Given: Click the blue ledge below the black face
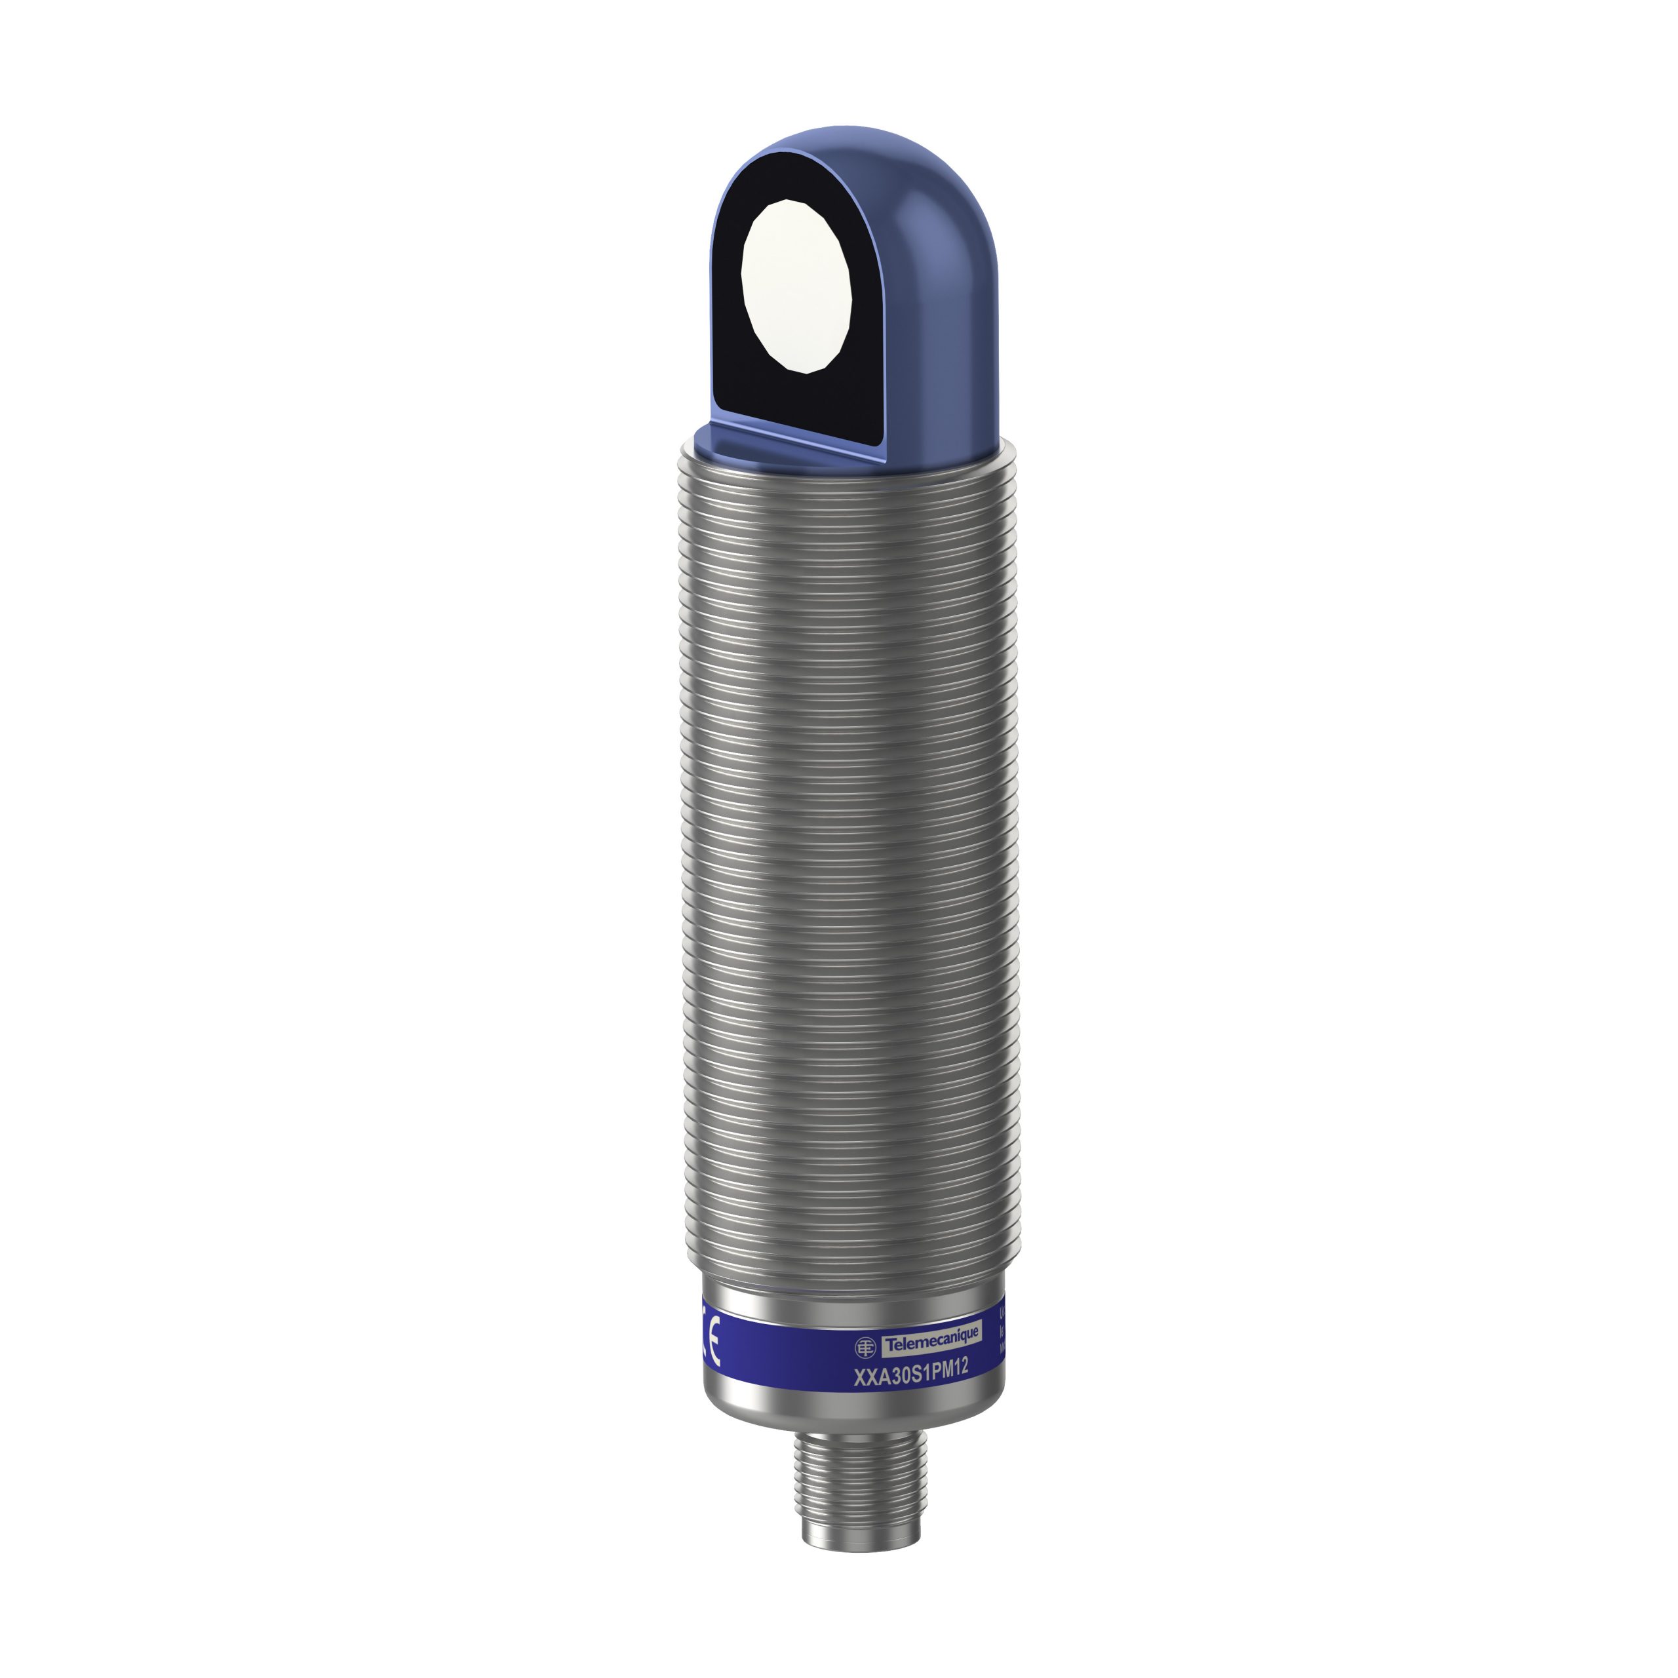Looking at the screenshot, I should coord(782,444).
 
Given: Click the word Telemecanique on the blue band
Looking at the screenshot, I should coord(931,1344).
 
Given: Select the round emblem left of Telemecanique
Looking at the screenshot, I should coord(866,1347).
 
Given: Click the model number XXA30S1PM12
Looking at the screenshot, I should coord(911,1370).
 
